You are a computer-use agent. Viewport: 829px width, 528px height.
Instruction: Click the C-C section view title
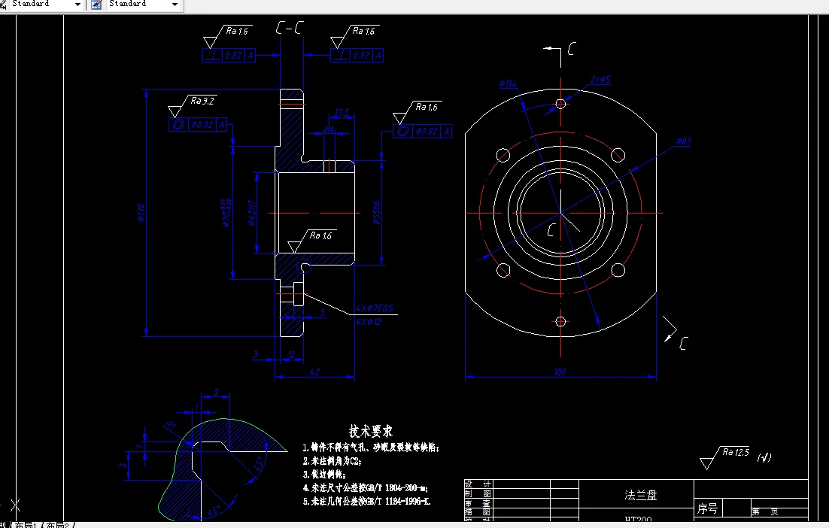coord(290,29)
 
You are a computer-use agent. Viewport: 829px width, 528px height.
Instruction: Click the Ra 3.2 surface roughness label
coord(202,101)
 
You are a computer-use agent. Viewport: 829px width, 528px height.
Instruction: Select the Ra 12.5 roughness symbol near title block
coord(736,453)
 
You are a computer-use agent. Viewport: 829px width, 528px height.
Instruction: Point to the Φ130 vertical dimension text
coord(141,214)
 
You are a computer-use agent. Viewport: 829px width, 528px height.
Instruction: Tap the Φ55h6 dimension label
coord(376,213)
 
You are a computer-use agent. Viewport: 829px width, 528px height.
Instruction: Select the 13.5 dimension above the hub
coord(342,113)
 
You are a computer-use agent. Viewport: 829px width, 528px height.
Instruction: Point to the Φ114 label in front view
coord(508,84)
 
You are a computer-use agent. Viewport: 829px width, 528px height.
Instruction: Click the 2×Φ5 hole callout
coord(600,80)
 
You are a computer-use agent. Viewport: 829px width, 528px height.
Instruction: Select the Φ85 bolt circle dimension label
coord(683,141)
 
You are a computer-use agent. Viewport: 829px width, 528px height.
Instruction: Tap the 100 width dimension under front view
coord(560,372)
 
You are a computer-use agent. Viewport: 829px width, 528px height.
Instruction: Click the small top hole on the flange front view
coord(560,104)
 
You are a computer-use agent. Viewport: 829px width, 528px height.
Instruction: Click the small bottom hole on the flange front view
coord(560,321)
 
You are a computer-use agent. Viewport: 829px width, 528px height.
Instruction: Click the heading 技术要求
coord(370,432)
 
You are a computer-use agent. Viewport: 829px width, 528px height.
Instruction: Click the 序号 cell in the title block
coord(708,509)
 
